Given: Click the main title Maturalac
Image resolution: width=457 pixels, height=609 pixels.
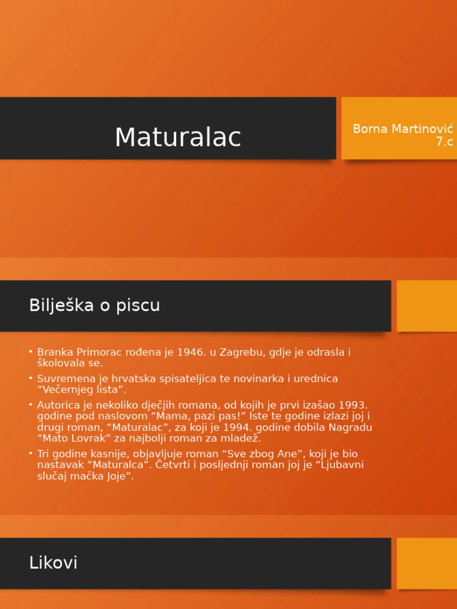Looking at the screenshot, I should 177,137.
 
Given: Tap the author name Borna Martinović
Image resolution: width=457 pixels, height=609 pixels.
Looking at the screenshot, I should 403,129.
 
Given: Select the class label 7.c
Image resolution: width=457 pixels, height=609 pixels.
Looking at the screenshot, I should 444,142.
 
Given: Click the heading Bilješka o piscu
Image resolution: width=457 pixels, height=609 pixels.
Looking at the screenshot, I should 95,305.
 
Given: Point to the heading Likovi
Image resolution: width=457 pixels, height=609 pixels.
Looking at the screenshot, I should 53,563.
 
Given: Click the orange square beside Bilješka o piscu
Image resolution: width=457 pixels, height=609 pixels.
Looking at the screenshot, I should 427,306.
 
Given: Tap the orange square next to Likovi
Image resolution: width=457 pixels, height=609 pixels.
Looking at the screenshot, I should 427,563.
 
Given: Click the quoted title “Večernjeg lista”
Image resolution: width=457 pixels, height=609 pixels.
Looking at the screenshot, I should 82,390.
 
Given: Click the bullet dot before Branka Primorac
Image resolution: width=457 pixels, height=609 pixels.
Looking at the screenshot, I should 30,352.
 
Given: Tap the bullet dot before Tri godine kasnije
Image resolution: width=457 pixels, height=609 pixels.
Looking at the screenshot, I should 30,454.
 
